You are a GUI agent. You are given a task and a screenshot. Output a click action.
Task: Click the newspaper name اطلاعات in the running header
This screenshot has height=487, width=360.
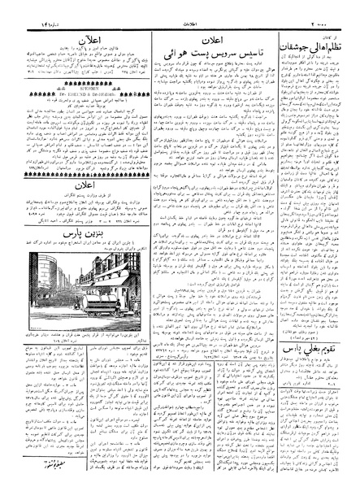[x=181, y=7]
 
